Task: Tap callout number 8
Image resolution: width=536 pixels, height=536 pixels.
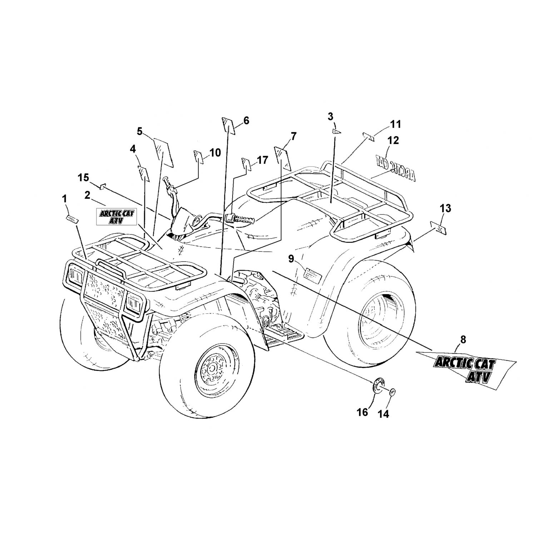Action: pos(463,340)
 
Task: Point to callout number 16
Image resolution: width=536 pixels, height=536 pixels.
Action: pos(362,412)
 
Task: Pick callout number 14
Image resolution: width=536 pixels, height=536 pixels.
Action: pos(383,414)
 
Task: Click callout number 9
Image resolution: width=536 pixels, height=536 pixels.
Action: pos(291,258)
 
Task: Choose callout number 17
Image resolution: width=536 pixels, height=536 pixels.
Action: pos(262,160)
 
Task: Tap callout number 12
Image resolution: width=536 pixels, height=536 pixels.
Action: pos(393,140)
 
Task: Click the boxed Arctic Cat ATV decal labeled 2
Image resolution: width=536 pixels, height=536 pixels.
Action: pos(115,217)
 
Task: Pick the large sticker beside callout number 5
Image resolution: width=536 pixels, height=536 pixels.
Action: pos(164,152)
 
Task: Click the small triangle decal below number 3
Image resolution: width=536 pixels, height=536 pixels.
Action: pos(336,131)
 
